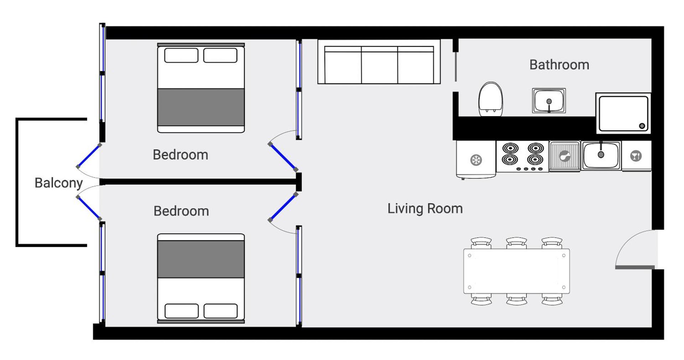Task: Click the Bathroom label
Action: click(x=559, y=65)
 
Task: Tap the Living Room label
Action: click(x=425, y=208)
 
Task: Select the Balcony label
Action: click(x=58, y=183)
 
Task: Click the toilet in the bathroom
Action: click(x=491, y=100)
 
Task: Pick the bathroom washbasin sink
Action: click(x=549, y=101)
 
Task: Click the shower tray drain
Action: click(x=642, y=126)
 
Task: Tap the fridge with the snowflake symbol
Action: click(x=476, y=160)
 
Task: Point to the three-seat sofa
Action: click(x=379, y=64)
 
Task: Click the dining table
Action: click(x=516, y=271)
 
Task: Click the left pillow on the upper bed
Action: click(x=181, y=56)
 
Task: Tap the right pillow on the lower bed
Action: click(x=221, y=311)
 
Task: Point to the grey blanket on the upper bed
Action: click(x=201, y=107)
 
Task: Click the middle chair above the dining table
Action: click(x=516, y=243)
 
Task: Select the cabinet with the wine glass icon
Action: click(x=636, y=156)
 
